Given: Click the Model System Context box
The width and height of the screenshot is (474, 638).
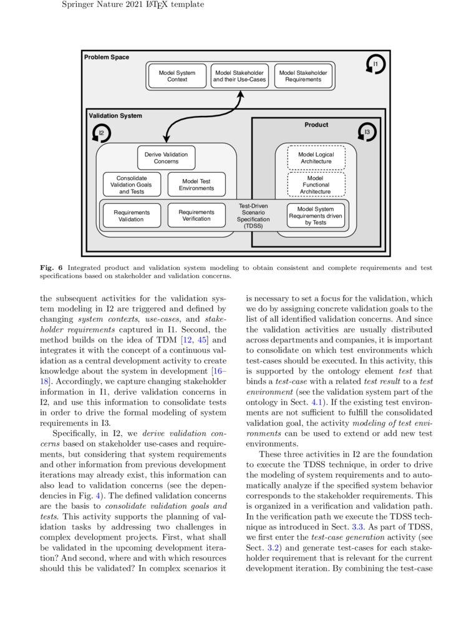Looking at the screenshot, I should (x=177, y=76).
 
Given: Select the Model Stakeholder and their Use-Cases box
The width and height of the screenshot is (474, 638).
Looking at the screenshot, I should (x=239, y=76).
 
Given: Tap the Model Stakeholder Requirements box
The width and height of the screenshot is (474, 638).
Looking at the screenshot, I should (x=303, y=76).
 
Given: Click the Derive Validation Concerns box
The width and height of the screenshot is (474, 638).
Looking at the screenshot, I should (x=166, y=158).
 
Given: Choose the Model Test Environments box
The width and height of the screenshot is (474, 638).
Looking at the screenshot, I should (x=196, y=185).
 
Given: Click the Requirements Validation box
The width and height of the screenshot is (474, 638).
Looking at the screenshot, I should (x=132, y=216).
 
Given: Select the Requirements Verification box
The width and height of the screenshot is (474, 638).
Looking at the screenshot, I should (x=196, y=215).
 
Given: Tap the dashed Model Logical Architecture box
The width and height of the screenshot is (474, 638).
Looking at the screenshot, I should (x=316, y=158).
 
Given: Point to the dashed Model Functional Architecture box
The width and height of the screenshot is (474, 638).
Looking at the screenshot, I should (x=316, y=185).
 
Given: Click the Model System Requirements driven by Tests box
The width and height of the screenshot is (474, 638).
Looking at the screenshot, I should (x=316, y=216).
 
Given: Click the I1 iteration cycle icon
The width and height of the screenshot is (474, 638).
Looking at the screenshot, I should (x=375, y=65).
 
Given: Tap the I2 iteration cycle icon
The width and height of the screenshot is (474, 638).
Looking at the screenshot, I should (x=102, y=133).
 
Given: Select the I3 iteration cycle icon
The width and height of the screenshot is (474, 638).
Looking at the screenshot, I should (x=367, y=132).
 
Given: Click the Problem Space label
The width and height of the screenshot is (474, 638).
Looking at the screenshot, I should (x=107, y=57).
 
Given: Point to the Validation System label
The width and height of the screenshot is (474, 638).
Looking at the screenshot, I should (x=115, y=116).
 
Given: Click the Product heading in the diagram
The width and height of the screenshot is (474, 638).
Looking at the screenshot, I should (x=316, y=125).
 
